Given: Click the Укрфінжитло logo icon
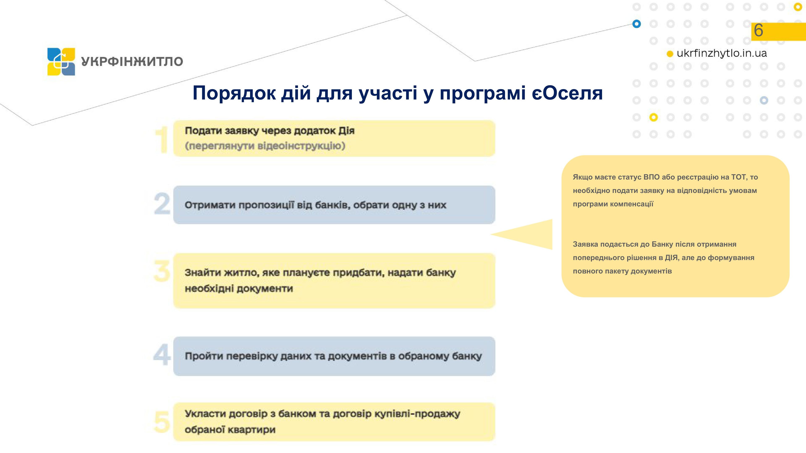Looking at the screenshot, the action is click(61, 62).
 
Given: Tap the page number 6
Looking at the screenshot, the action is click(758, 30).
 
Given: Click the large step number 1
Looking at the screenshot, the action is click(162, 139).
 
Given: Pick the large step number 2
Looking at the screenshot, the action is click(162, 204).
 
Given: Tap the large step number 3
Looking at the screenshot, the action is click(162, 271).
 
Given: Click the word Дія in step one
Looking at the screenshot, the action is click(346, 131).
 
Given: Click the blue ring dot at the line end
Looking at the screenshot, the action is click(636, 24).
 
